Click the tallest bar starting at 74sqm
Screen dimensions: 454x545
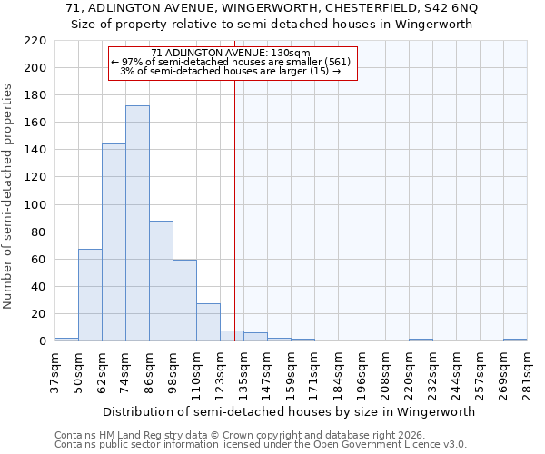pyautogui.click(x=137, y=223)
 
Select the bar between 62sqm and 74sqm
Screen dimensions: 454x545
pyautogui.click(x=114, y=242)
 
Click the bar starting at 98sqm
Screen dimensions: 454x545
pyautogui.click(x=184, y=301)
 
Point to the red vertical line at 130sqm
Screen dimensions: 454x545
pyautogui.click(x=234, y=209)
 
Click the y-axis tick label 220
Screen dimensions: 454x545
pyautogui.click(x=35, y=41)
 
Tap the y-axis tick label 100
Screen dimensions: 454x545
pyautogui.click(x=35, y=205)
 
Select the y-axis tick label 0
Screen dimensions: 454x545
pyautogui.click(x=43, y=341)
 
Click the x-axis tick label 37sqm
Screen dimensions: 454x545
pyautogui.click(x=54, y=372)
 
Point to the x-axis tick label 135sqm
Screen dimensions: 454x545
pyautogui.click(x=243, y=372)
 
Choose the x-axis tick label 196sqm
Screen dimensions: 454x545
pyautogui.click(x=362, y=372)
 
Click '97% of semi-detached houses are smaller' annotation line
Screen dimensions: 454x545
pyautogui.click(x=233, y=62)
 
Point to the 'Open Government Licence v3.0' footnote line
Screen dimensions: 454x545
pyautogui.click(x=261, y=444)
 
